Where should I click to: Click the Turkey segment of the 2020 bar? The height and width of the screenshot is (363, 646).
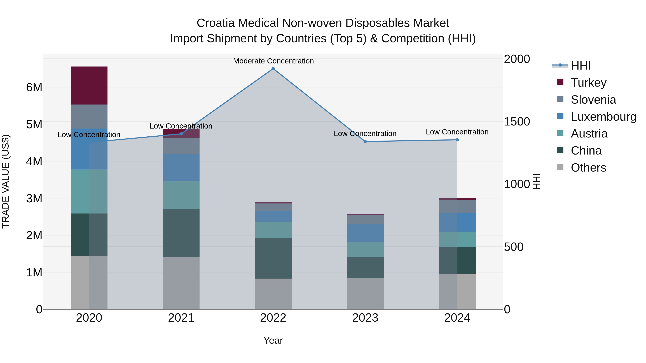pos(89,86)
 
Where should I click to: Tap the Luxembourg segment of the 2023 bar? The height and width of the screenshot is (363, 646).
pos(365,233)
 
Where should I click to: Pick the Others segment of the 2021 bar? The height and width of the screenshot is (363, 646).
pos(181,283)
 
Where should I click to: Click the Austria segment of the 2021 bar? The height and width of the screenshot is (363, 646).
pos(181,195)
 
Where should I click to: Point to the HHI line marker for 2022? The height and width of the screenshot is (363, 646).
pos(273,69)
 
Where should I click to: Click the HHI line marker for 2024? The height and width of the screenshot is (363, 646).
pos(457,140)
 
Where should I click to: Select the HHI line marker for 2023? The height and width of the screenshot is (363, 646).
pos(365,142)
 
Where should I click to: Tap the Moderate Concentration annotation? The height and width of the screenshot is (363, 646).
pos(273,61)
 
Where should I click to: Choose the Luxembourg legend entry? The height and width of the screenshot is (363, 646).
pos(603,117)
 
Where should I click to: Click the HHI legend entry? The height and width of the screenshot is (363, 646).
pos(581,66)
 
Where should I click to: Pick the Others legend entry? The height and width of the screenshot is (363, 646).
pos(588,168)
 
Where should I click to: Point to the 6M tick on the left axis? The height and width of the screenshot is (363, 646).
pos(34,87)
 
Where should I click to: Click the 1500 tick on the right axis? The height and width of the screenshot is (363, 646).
pos(517,122)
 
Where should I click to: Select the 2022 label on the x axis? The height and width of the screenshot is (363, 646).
pos(273,318)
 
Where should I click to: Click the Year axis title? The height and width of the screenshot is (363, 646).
pos(273,340)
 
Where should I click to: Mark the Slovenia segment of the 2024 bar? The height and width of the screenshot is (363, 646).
pos(457,206)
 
